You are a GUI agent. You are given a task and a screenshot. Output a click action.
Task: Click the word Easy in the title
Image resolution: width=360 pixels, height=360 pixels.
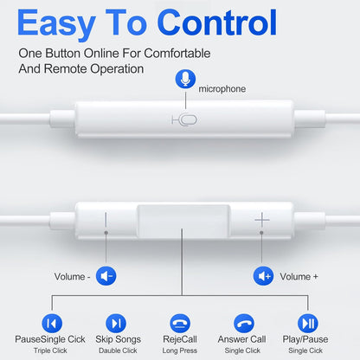pyautogui.click(x=67, y=21)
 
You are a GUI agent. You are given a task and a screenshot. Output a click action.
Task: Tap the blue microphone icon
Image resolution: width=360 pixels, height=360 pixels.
pyautogui.click(x=184, y=80)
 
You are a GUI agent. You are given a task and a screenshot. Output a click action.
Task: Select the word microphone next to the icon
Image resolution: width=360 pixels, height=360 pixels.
pyautogui.click(x=222, y=88)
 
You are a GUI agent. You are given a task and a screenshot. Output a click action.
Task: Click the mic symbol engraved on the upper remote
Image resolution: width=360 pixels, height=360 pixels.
pyautogui.click(x=183, y=119)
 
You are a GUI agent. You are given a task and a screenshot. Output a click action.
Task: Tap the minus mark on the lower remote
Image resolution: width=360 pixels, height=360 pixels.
pyautogui.click(x=106, y=222)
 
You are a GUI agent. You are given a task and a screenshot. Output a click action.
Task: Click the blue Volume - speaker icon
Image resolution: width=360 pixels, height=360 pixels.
pyautogui.click(x=106, y=276)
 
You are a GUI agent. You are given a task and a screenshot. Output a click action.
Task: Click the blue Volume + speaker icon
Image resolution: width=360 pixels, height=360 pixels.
pyautogui.click(x=263, y=276)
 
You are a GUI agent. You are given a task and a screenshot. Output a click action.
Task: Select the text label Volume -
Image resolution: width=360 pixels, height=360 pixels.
pyautogui.click(x=72, y=276)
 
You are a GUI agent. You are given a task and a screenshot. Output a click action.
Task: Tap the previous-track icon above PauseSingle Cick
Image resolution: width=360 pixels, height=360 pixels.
pyautogui.click(x=53, y=323)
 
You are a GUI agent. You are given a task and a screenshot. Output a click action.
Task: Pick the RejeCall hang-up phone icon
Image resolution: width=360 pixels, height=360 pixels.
pyautogui.click(x=180, y=323)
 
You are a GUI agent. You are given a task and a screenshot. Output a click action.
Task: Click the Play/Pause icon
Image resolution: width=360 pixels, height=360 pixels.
pyautogui.click(x=307, y=323)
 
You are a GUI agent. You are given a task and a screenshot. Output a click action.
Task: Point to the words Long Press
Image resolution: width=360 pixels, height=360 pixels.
pyautogui.click(x=180, y=350)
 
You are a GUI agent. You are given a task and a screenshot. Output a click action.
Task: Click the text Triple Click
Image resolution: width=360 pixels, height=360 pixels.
pyautogui.click(x=53, y=350)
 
